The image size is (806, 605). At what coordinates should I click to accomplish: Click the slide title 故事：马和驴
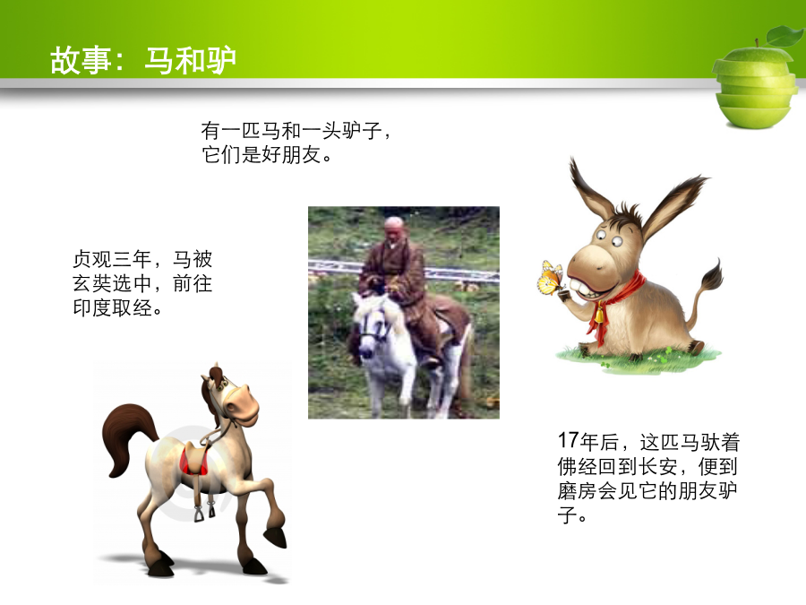click(143, 61)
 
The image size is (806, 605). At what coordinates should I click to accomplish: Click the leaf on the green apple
click(785, 36)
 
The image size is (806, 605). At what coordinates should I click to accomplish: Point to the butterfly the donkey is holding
click(552, 278)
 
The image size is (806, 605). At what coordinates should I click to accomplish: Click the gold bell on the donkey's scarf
click(599, 314)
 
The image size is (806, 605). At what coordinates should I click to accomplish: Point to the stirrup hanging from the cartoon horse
click(200, 513)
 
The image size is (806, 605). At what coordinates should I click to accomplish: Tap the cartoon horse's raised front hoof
click(276, 537)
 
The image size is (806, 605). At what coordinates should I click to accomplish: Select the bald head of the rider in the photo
click(395, 228)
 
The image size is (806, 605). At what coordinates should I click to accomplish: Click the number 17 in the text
click(569, 441)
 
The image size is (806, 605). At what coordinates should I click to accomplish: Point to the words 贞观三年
click(112, 259)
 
